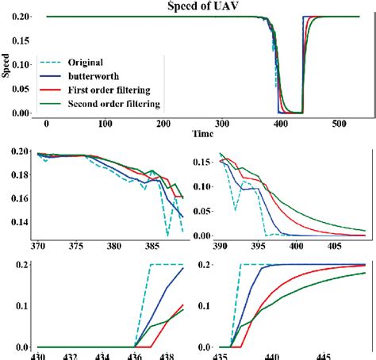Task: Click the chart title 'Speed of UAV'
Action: pos(187,7)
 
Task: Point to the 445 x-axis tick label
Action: pos(323,356)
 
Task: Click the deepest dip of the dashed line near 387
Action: pos(167,236)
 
